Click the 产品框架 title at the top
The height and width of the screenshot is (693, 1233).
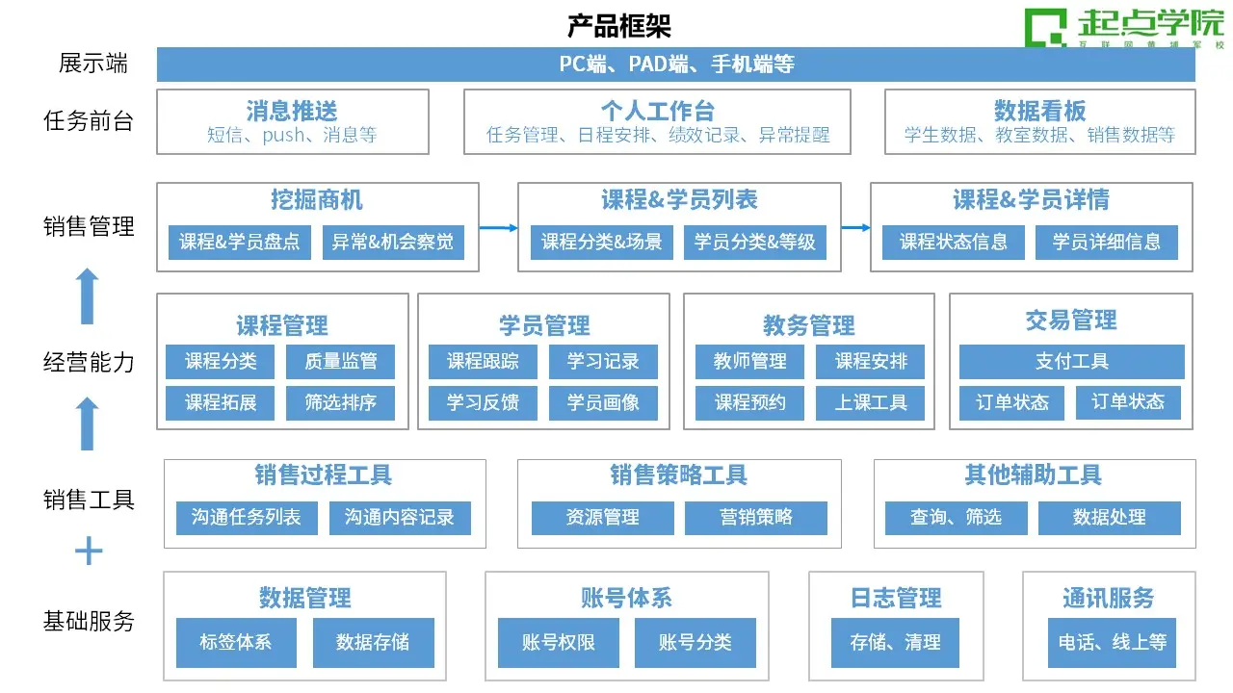point(619,26)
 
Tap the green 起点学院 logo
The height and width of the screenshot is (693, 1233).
point(1123,28)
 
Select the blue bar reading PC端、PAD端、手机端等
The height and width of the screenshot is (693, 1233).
point(676,64)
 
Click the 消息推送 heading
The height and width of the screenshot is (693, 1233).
point(292,111)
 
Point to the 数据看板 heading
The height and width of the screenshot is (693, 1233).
point(1039,111)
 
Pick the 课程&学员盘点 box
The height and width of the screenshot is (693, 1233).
point(240,242)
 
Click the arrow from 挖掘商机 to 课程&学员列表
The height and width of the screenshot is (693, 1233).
point(499,228)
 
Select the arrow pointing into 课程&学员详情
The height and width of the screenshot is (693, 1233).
point(856,227)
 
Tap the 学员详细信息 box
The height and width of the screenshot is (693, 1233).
point(1107,242)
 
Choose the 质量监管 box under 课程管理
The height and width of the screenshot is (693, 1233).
point(340,361)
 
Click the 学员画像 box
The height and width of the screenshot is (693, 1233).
point(603,402)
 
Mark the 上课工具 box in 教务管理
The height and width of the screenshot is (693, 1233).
point(870,402)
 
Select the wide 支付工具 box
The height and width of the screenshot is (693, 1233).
point(1072,361)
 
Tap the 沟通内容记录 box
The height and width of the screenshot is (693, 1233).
point(400,518)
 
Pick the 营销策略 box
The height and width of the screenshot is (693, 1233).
point(756,518)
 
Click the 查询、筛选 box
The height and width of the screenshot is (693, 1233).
point(957,518)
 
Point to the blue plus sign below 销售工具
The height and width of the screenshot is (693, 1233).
point(89,551)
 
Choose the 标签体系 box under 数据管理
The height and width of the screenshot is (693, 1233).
point(236,642)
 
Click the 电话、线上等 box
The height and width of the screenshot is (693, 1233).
point(1112,642)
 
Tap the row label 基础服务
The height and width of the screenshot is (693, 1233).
point(89,622)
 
